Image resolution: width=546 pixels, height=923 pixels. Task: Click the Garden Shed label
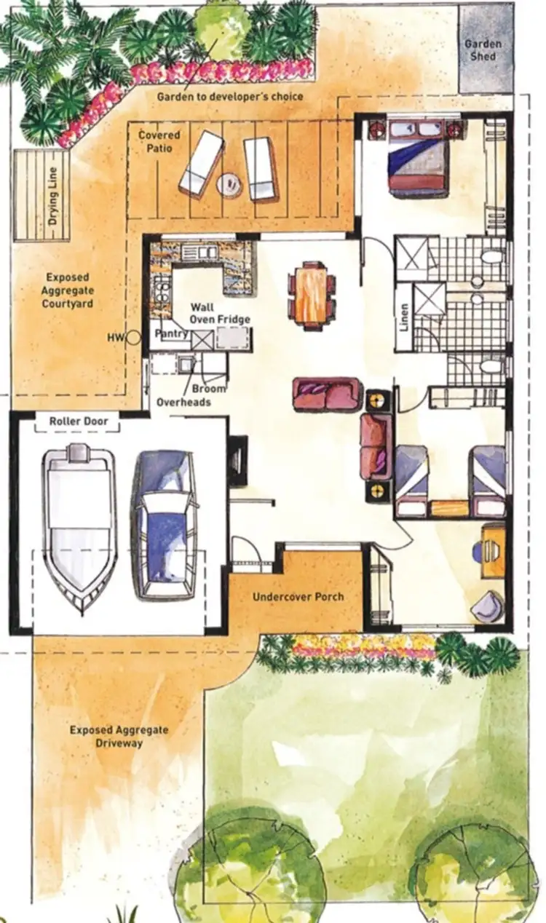[x=483, y=50]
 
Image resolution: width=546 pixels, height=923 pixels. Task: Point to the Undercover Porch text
[x=298, y=597]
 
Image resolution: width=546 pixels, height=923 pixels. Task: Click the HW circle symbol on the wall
[x=133, y=337]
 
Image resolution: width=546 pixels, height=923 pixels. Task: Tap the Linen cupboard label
[x=404, y=317]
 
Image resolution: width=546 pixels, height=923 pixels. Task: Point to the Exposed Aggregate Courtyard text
[x=69, y=290]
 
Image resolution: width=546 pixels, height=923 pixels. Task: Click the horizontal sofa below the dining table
[x=327, y=394]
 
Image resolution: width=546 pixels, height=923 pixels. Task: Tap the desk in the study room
[x=493, y=550]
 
